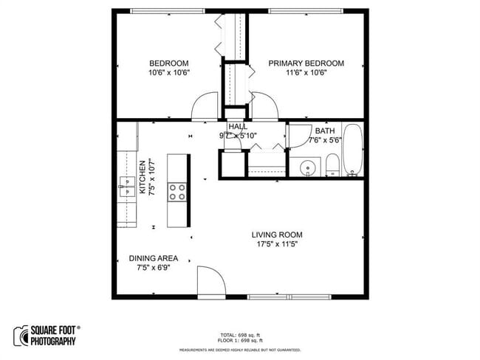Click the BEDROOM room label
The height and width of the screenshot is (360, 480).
(168, 63)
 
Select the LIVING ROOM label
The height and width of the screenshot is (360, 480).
(277, 235)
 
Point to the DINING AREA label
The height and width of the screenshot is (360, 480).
(154, 258)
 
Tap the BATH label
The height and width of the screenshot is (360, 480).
(325, 131)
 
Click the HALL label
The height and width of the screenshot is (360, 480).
(238, 127)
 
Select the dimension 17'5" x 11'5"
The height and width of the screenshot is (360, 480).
(277, 244)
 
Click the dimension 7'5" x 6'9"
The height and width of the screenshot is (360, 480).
(154, 268)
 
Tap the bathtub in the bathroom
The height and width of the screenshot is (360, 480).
(354, 150)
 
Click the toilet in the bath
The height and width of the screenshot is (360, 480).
(332, 165)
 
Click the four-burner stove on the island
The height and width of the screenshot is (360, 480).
(177, 192)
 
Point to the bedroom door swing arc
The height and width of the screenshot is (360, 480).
(205, 108)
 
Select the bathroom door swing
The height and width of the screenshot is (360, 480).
(298, 134)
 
